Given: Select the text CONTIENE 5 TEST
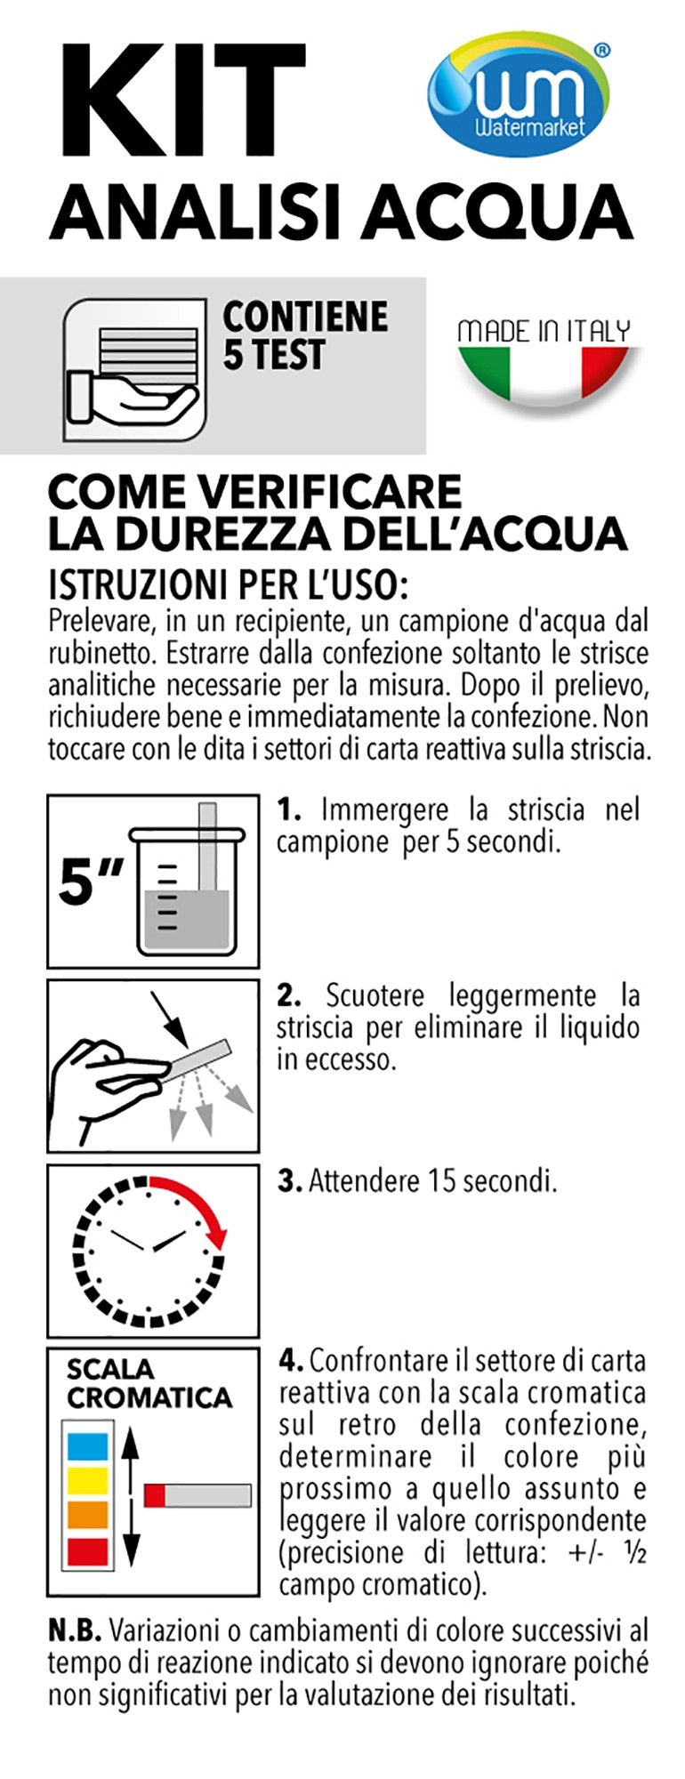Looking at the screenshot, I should [305, 335].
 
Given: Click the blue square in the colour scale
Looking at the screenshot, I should [88, 1447].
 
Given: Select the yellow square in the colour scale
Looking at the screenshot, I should [88, 1481].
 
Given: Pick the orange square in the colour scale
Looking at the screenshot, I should [88, 1515].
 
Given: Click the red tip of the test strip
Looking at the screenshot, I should [155, 1494].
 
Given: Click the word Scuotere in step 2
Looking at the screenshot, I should [375, 994].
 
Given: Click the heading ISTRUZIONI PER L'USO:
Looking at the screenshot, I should [227, 585].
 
